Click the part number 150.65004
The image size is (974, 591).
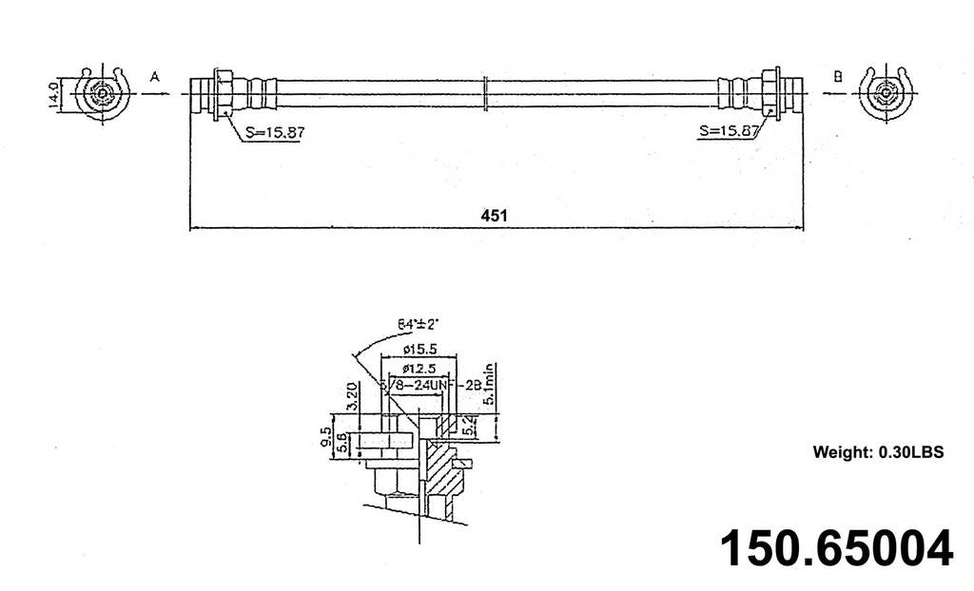(x=835, y=548)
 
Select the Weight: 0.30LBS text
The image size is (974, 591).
(x=877, y=452)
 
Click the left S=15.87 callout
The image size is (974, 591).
(x=272, y=133)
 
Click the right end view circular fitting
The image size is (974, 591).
(x=886, y=95)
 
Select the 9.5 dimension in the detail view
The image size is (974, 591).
(x=326, y=438)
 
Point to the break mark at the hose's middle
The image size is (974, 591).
(x=487, y=93)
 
